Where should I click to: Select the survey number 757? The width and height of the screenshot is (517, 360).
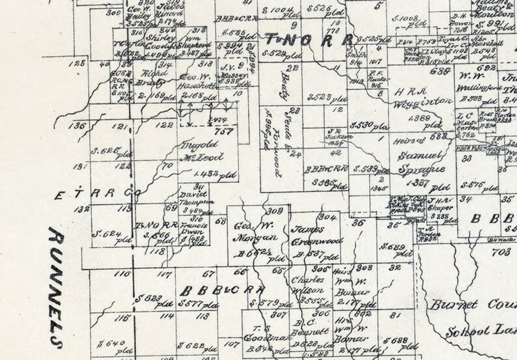[224, 130]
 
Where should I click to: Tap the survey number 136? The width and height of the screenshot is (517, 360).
[79, 126]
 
